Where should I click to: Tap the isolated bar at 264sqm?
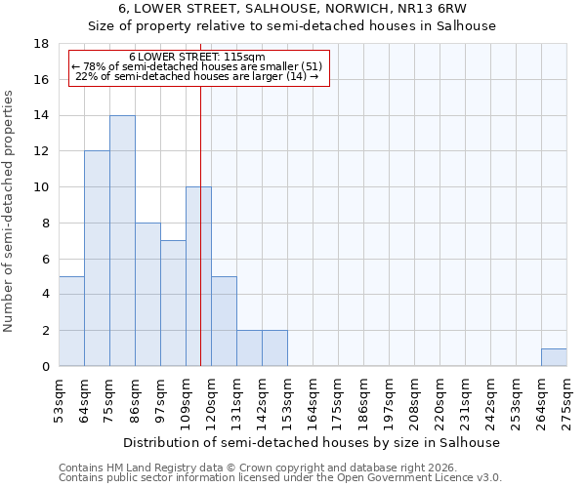554,357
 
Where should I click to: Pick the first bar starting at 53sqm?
71,321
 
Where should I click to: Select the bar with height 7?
173,303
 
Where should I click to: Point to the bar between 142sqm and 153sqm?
274,348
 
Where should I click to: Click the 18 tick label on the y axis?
42,44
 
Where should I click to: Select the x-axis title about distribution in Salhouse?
313,442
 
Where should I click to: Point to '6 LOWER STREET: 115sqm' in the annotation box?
196,58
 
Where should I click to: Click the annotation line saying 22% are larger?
196,78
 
